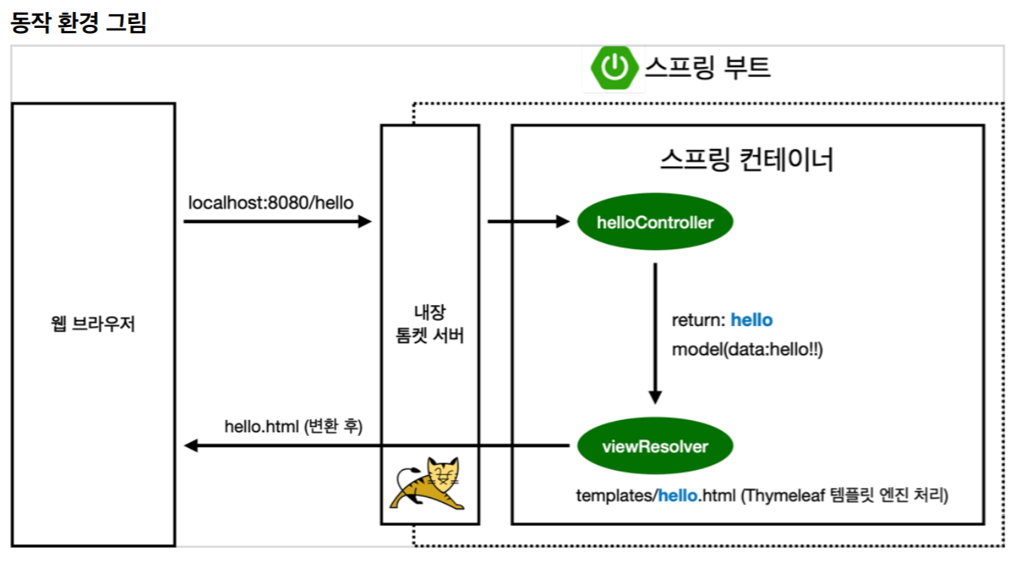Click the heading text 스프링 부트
[707, 67]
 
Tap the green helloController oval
[654, 222]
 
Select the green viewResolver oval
[654, 447]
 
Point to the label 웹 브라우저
[93, 325]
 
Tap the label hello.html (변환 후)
[294, 426]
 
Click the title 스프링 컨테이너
[746, 159]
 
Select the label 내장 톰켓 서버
[430, 325]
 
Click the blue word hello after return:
[752, 320]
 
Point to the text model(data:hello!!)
[747, 349]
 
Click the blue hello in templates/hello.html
[679, 495]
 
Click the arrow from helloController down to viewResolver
[655, 331]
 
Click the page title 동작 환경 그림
[78, 23]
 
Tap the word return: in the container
[699, 320]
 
